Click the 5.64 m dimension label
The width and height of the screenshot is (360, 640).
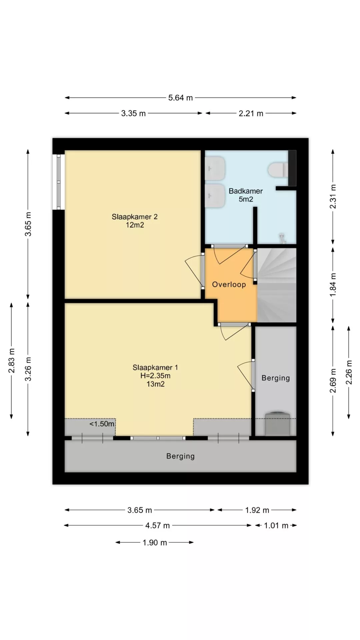pos(180,98)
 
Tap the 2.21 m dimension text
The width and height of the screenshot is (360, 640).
pos(251,113)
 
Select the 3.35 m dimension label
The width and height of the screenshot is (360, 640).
pos(133,113)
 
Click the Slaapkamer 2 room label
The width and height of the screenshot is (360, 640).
pos(135,217)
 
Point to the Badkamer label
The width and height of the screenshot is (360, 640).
pos(246,191)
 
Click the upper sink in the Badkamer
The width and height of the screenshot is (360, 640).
pos(215,169)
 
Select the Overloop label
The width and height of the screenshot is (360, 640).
pos(229,284)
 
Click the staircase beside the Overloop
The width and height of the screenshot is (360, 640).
pos(277,285)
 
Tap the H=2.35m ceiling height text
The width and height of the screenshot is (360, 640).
pos(155,376)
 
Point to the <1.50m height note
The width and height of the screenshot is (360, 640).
pos(102,424)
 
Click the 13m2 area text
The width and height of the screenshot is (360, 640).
pos(156,384)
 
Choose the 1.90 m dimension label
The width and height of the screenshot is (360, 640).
pos(155,543)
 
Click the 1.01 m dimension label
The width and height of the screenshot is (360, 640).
pos(276,526)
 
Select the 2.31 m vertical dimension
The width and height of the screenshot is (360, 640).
pos(333,197)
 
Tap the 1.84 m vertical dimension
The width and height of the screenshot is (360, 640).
pos(333,285)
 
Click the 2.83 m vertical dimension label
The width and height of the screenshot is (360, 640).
pos(12,361)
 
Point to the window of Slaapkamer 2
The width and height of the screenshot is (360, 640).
pos(59,182)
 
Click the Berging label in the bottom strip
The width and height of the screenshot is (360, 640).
pos(180,456)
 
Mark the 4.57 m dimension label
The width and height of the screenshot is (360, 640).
pos(157,526)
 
